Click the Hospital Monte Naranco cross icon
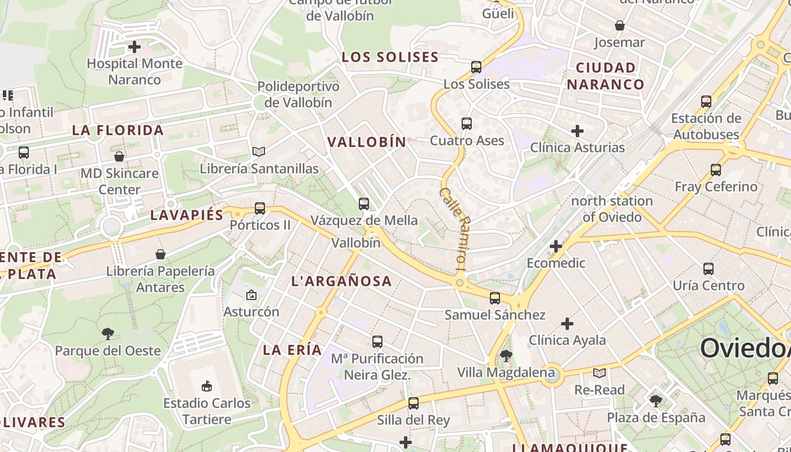(134, 46)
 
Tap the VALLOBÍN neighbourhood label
(367, 142)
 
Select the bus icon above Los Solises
(476, 67)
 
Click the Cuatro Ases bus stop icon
(467, 124)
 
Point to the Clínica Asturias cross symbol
(577, 131)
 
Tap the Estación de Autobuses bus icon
(706, 102)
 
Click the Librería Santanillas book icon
(259, 151)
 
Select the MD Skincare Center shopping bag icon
(119, 157)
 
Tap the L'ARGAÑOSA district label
(341, 281)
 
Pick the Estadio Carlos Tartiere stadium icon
(207, 386)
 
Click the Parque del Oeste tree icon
(108, 333)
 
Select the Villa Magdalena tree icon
(506, 355)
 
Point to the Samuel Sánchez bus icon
(495, 298)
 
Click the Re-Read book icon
(599, 373)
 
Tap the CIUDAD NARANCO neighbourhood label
(606, 76)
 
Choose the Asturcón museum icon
(251, 294)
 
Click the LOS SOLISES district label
(390, 57)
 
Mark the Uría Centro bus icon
(709, 268)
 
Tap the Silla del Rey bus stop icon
(414, 403)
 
